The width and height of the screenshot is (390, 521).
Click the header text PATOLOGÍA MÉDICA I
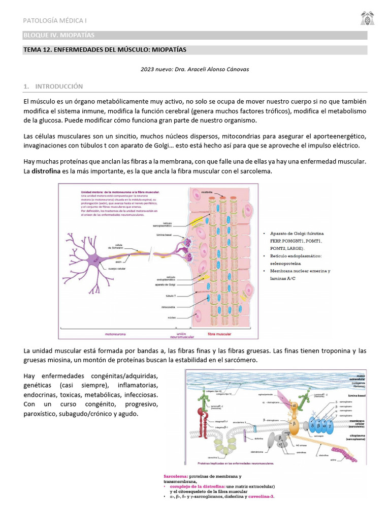pyautogui.click(x=55, y=20)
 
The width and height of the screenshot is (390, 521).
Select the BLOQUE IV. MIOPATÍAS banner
pyautogui.click(x=59, y=35)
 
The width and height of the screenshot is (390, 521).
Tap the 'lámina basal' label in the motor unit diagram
pyautogui.click(x=166, y=235)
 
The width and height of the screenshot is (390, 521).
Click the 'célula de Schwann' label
pyautogui.click(x=121, y=245)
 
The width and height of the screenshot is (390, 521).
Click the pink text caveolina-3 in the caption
pyautogui.click(x=258, y=497)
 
